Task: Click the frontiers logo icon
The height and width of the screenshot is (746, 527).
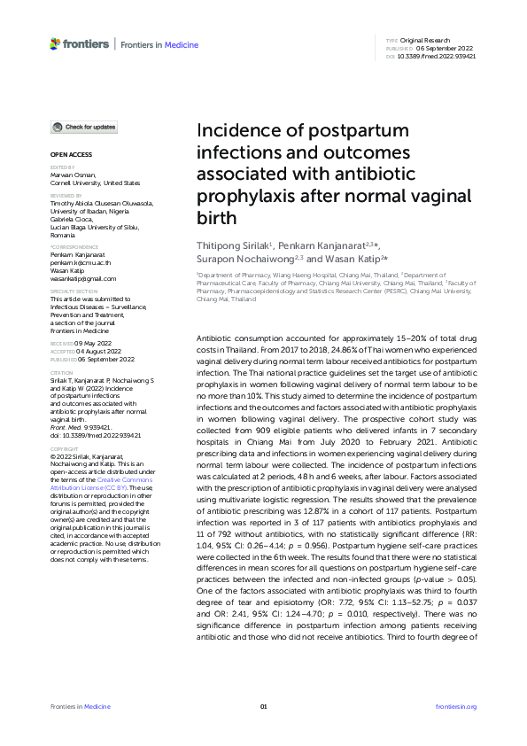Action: coord(57,43)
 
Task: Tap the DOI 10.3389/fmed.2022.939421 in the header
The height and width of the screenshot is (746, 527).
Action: coord(437,56)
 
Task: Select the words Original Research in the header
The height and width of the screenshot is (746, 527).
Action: coord(426,41)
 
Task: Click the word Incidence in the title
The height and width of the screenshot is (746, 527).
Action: coord(236,132)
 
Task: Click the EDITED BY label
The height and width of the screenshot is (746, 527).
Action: coord(62,167)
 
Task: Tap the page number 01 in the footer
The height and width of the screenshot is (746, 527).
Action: coord(263,706)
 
